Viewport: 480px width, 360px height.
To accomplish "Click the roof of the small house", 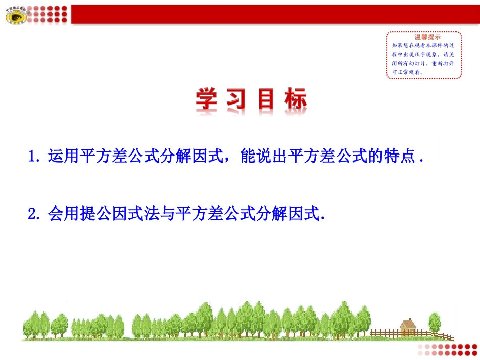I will click(407, 322).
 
